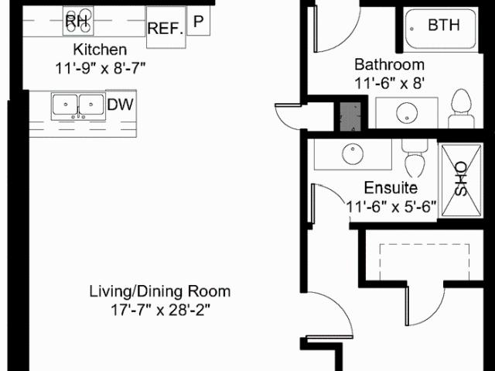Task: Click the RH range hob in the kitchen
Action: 78,21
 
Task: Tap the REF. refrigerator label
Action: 166,29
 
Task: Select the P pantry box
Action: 199,21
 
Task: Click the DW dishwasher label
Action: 121,105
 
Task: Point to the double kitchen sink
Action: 78,106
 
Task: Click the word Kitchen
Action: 100,50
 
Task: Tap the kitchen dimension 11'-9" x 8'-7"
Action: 101,68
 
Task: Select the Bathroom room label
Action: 390,64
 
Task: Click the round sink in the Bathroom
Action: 407,113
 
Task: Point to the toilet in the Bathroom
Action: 461,108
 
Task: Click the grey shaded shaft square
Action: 350,116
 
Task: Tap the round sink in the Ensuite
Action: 353,154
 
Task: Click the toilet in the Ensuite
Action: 415,158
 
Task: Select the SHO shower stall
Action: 461,180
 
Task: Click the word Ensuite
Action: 391,187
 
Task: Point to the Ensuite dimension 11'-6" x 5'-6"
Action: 391,208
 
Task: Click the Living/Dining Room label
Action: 160,291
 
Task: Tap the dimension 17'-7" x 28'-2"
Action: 160,310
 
